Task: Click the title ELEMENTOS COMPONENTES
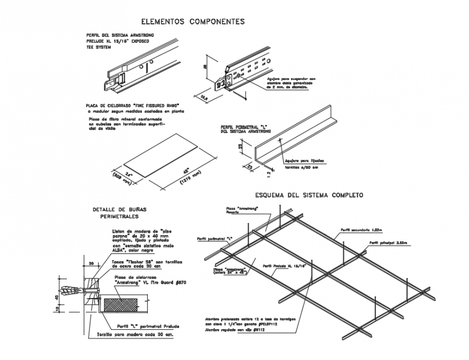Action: coord(192,22)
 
